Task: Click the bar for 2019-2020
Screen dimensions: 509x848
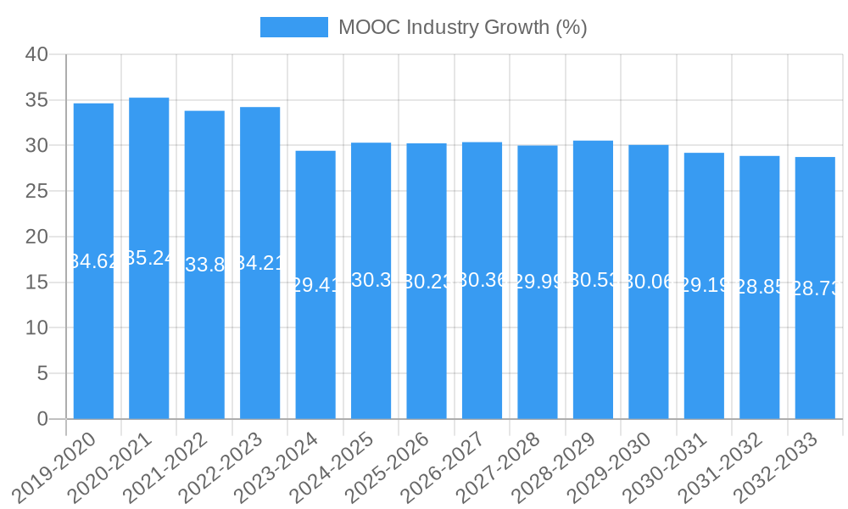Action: (x=93, y=339)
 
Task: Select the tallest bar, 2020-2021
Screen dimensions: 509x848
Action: (x=149, y=339)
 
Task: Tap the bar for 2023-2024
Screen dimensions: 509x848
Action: (x=315, y=356)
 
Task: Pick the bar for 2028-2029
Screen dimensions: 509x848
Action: (x=593, y=356)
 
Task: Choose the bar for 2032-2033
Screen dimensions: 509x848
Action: (x=815, y=356)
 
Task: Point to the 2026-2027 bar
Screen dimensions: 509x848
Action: (x=482, y=356)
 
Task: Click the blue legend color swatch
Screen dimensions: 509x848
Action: (x=293, y=27)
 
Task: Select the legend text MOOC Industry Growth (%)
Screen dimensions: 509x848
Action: (x=462, y=27)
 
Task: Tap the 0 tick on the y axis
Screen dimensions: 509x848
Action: (x=43, y=419)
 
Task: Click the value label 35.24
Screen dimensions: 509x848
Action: (x=149, y=258)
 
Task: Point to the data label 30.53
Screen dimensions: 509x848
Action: (x=593, y=280)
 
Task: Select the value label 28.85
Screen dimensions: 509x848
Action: (x=759, y=288)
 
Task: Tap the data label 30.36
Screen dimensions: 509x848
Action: (x=482, y=280)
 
